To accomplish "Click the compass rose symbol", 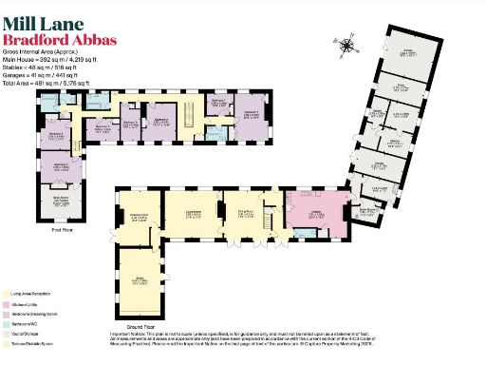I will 347,44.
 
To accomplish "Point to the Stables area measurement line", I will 58,68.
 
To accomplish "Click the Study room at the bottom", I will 139,281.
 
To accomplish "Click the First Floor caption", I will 63,229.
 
